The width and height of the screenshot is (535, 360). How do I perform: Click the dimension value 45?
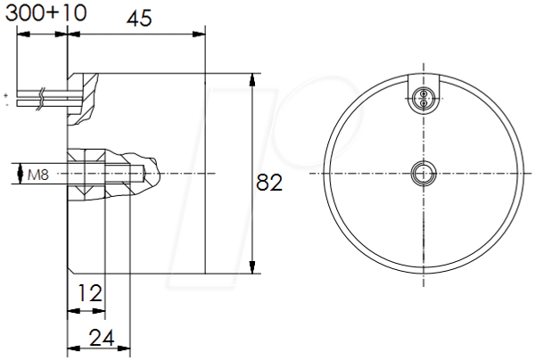[139, 19]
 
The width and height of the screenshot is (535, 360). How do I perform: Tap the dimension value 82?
[269, 182]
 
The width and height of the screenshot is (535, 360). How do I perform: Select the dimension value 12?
[90, 293]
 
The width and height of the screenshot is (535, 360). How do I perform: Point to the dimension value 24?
[102, 339]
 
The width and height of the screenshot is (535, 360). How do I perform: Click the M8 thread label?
[38, 176]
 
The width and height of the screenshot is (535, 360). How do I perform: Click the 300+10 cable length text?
[46, 13]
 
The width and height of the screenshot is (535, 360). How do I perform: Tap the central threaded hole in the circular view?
[424, 174]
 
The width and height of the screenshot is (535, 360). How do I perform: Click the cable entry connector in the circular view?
[424, 98]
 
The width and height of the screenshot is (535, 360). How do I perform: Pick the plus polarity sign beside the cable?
[6, 94]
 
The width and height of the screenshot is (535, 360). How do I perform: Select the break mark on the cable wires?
[41, 99]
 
